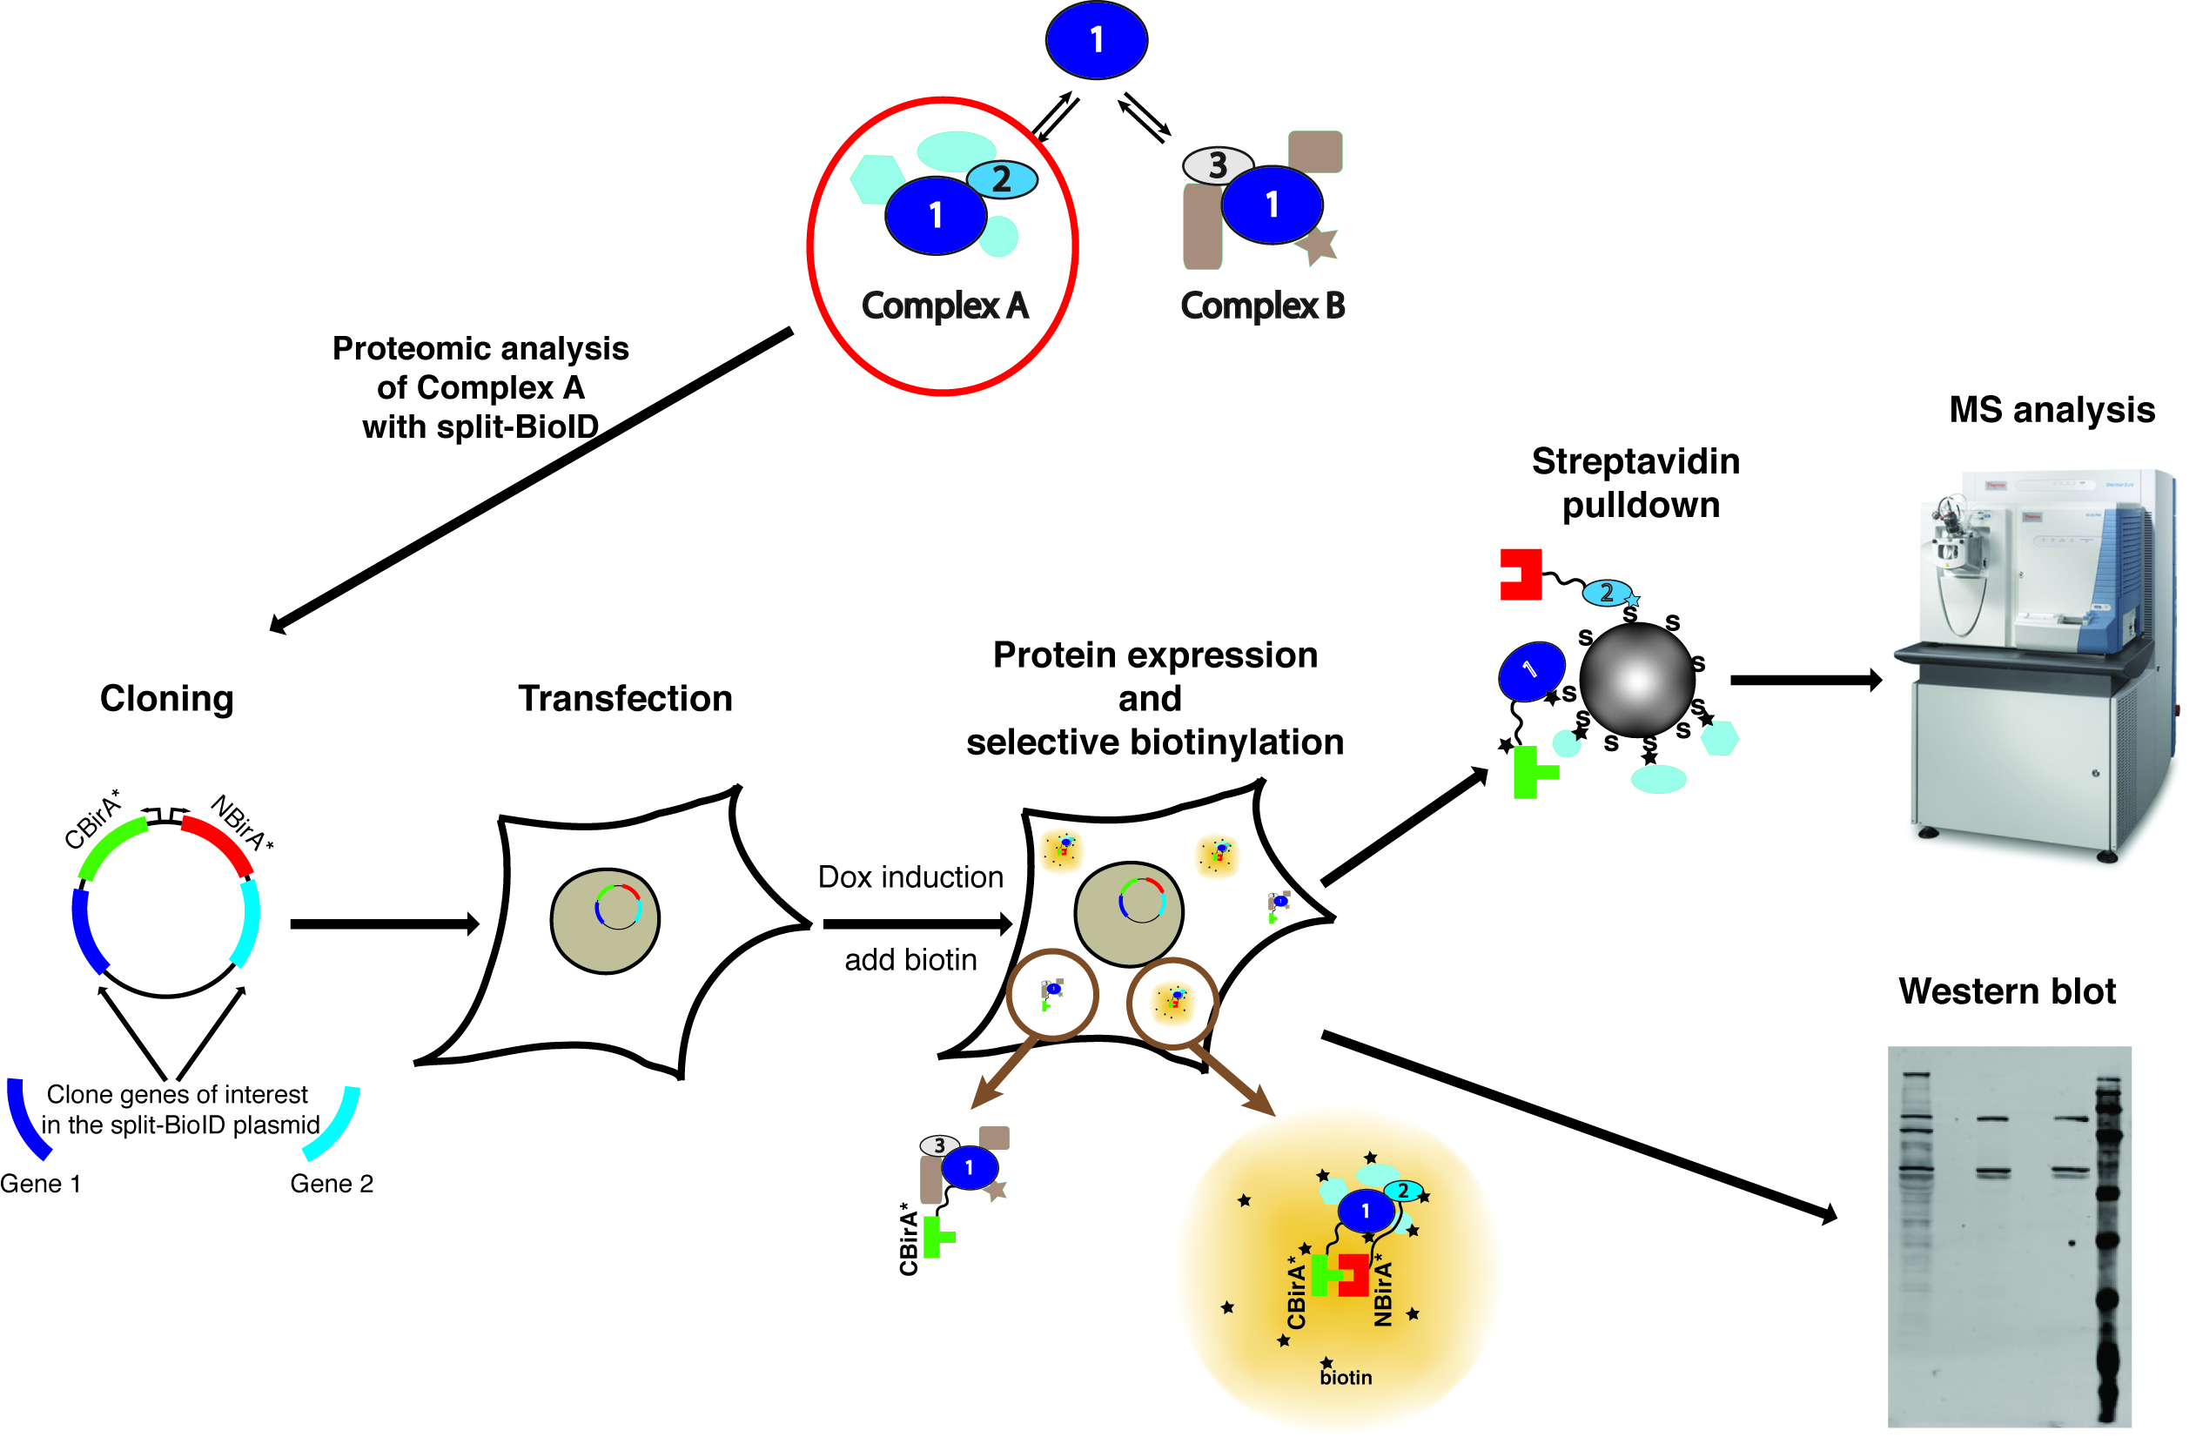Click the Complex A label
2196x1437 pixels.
944,306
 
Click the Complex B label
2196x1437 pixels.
1262,306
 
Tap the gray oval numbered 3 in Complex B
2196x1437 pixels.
1218,165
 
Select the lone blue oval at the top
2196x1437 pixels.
1096,40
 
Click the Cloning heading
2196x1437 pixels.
166,699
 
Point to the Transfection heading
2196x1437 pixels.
625,699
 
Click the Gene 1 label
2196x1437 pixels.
41,1184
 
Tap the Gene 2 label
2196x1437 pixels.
332,1184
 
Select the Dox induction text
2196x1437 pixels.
910,876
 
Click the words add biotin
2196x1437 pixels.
910,960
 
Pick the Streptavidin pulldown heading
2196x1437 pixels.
1637,483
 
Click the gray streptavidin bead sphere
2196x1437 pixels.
1637,680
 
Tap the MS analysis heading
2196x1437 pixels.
2052,410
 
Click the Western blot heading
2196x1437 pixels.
2007,991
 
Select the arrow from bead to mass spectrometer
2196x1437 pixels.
1803,680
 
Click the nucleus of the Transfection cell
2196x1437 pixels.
604,920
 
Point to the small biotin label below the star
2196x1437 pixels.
1346,1378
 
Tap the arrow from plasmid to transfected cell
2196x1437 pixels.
384,923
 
